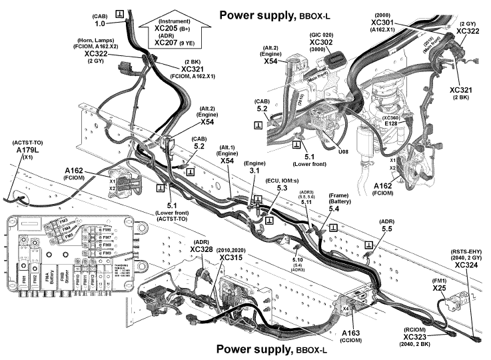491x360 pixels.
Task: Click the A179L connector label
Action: point(29,151)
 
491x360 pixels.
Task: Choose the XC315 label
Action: point(231,257)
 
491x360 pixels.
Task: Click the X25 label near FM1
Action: point(439,288)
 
